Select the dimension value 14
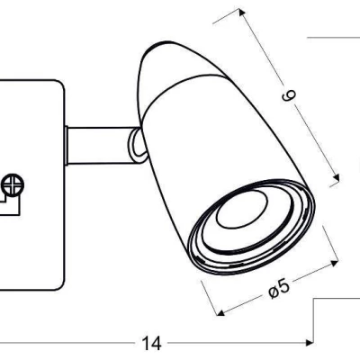[150, 343]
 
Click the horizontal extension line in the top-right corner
[333, 38]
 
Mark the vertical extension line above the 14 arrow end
[312, 319]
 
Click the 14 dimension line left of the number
[72, 343]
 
